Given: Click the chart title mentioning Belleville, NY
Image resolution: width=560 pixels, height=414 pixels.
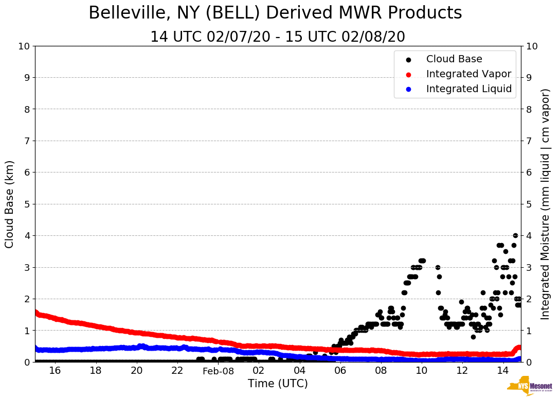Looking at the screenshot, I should pyautogui.click(x=275, y=13).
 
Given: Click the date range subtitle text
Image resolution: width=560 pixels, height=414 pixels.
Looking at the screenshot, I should pyautogui.click(x=278, y=37).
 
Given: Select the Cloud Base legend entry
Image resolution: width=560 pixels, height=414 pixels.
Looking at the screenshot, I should pyautogui.click(x=454, y=59).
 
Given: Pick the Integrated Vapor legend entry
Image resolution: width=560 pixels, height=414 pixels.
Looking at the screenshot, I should pyautogui.click(x=468, y=74).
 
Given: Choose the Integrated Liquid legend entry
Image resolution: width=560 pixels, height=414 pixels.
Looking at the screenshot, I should pyautogui.click(x=469, y=89).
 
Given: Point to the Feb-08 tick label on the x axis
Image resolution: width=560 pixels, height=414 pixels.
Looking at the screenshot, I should pyautogui.click(x=218, y=371).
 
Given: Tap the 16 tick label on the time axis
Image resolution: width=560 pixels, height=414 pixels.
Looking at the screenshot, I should pyautogui.click(x=55, y=371).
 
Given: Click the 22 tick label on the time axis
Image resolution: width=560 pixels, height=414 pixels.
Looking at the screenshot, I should pyautogui.click(x=177, y=371).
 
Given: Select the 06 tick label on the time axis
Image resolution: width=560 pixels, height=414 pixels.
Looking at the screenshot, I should pyautogui.click(x=340, y=371).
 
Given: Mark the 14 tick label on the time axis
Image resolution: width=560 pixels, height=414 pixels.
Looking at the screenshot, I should pyautogui.click(x=503, y=371).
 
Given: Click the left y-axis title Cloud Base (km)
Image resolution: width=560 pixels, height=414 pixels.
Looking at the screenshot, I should pyautogui.click(x=10, y=204).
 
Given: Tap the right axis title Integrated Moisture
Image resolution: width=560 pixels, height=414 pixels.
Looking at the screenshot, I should pyautogui.click(x=546, y=204).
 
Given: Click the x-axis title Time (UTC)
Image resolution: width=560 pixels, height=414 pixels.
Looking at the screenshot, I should pyautogui.click(x=278, y=384).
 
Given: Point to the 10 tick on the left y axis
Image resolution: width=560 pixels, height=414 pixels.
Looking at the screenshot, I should pyautogui.click(x=24, y=46).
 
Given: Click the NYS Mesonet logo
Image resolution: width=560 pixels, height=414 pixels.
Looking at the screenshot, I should pyautogui.click(x=530, y=387).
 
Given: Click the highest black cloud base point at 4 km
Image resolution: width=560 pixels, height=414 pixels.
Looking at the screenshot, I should pyautogui.click(x=515, y=235).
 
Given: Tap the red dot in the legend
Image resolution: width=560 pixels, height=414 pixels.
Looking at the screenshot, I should pyautogui.click(x=408, y=74).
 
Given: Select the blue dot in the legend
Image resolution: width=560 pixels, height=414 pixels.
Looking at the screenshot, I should pyautogui.click(x=408, y=89).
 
